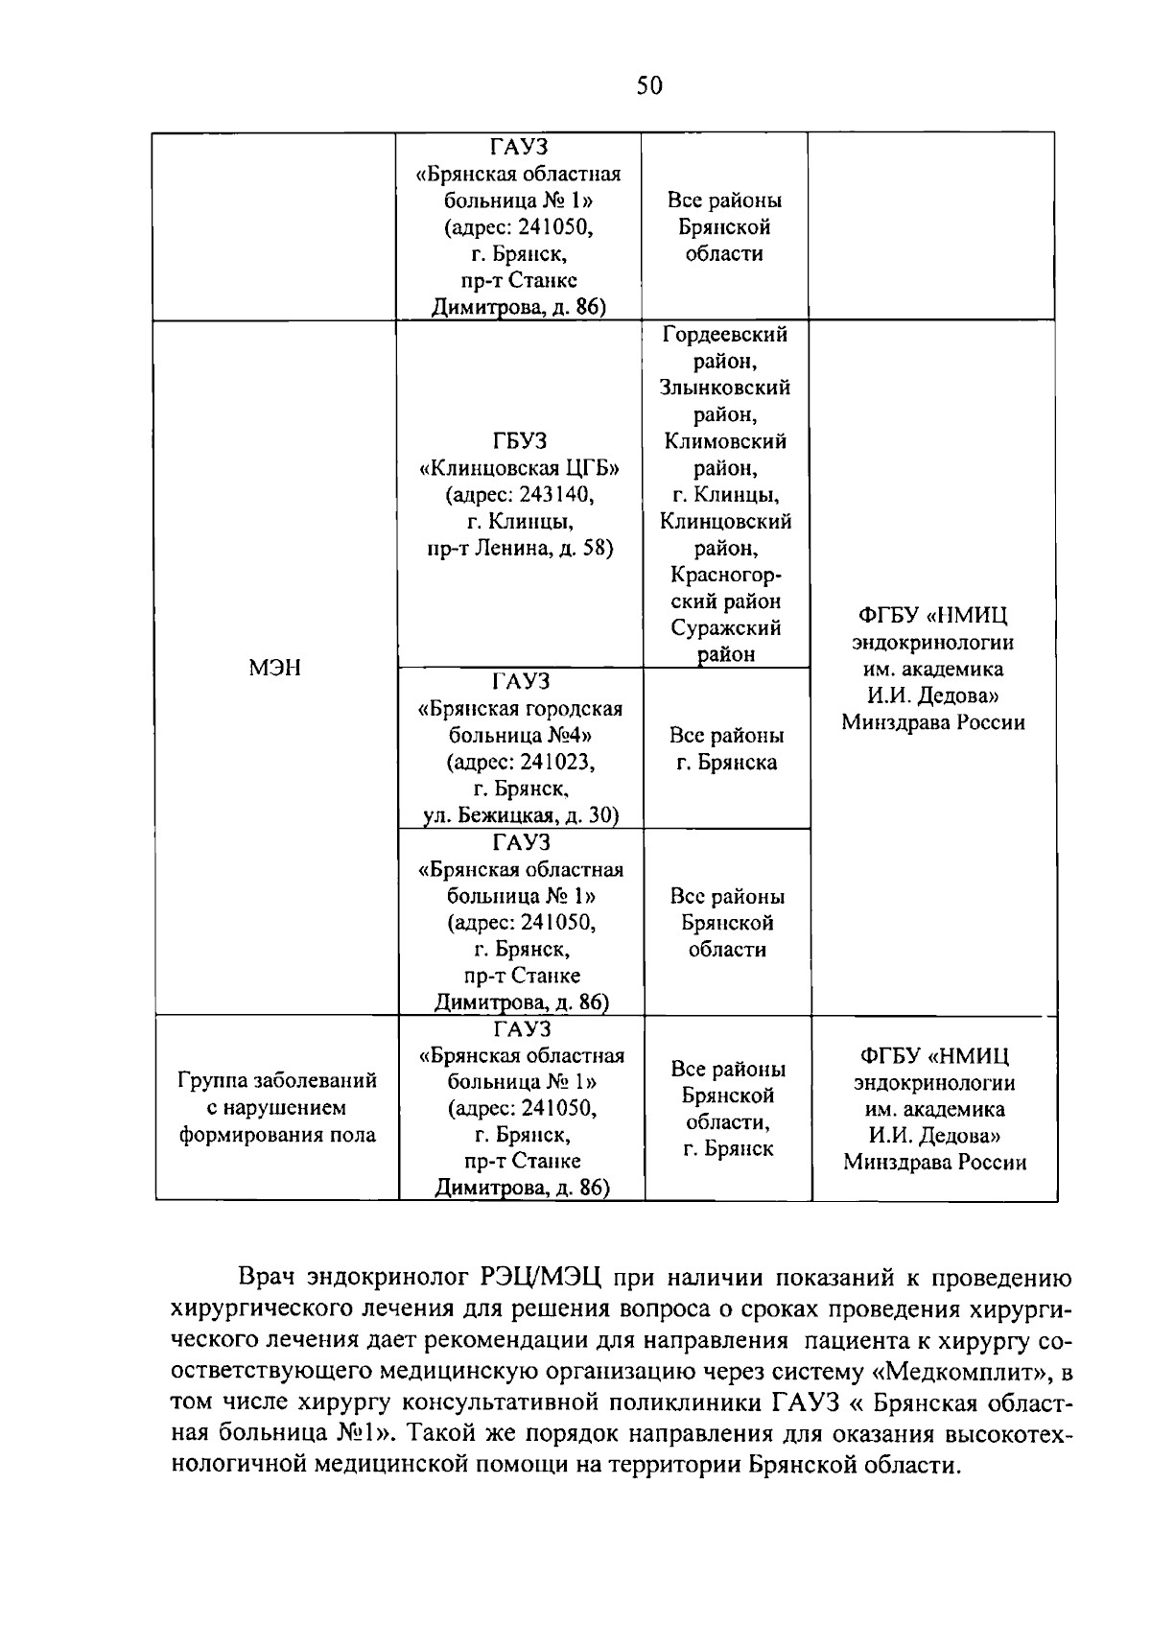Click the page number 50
tap(649, 86)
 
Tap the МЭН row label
tap(274, 668)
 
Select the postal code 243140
tap(557, 495)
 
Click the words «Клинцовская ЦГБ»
tap(520, 468)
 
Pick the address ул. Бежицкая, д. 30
tap(521, 815)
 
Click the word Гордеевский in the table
tap(725, 334)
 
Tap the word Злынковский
tap(725, 388)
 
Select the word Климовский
tap(725, 441)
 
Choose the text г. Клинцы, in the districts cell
tap(725, 495)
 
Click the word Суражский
tap(725, 628)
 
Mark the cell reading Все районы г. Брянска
tap(726, 748)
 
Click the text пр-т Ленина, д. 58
tap(520, 549)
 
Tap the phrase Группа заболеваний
tap(277, 1081)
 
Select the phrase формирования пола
tap(277, 1135)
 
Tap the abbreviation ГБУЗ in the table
tap(520, 441)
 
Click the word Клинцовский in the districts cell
tap(725, 522)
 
